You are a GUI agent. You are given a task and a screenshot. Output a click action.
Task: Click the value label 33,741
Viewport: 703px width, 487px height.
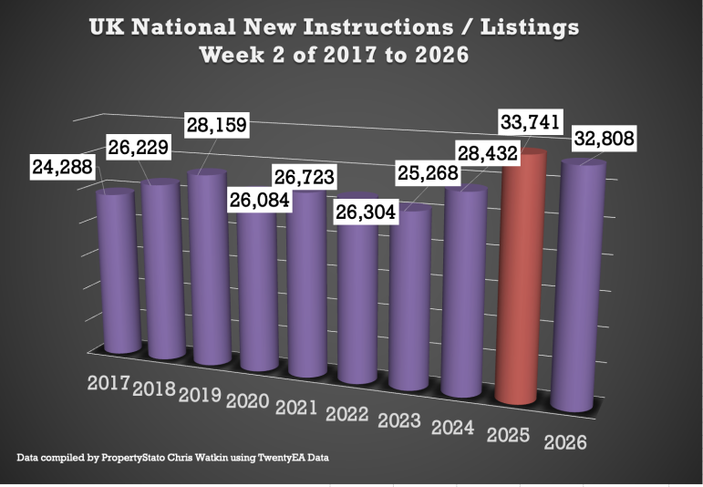(529, 121)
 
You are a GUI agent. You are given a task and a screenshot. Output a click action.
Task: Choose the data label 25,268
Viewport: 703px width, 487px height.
(424, 171)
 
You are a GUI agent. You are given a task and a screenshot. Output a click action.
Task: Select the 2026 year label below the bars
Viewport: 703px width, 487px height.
(566, 442)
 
